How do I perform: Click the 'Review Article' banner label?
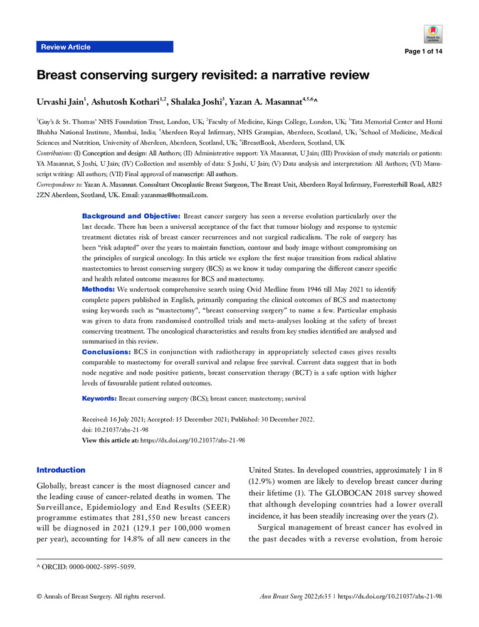pyautogui.click(x=65, y=47)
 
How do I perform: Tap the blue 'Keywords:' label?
pyautogui.click(x=100, y=398)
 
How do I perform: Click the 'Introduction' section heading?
pyautogui.click(x=61, y=470)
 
